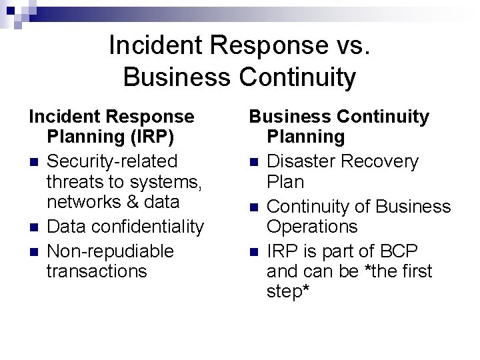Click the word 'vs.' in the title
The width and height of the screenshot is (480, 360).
(x=349, y=45)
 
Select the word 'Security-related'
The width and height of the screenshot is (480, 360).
(x=112, y=161)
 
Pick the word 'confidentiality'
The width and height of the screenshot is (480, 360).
(x=148, y=227)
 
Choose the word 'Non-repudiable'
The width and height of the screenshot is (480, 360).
(x=110, y=251)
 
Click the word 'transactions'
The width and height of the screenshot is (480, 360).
(x=97, y=271)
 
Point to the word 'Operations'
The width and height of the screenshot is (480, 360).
(x=312, y=226)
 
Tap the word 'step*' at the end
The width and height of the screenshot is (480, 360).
(x=288, y=292)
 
